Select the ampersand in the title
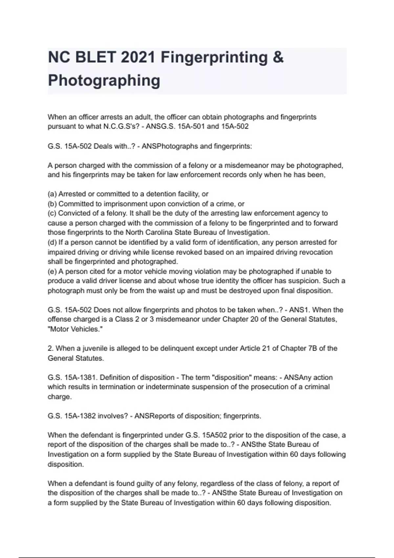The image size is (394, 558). (x=278, y=57)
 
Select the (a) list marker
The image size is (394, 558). (x=52, y=194)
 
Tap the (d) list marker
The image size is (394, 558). (x=52, y=243)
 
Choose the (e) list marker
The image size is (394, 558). (x=52, y=271)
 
